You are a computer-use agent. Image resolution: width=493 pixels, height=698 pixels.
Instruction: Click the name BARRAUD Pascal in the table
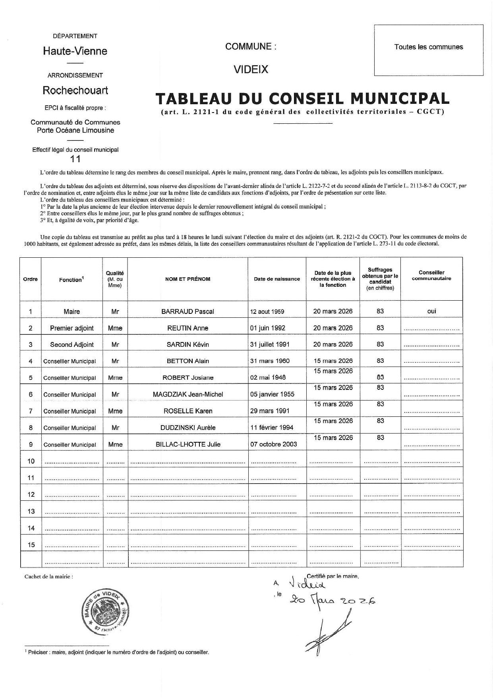point(188,311)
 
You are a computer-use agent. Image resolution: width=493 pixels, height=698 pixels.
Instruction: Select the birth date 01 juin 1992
point(268,328)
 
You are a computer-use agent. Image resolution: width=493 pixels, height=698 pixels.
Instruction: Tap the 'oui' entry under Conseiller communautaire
point(431,311)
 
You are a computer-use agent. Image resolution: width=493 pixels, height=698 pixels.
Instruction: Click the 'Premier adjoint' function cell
point(72,328)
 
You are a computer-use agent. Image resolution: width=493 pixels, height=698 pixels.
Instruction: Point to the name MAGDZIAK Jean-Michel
point(188,395)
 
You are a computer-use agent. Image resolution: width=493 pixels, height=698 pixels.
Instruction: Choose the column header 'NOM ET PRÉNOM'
point(188,279)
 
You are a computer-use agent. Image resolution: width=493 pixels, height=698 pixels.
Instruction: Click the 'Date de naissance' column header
point(277,279)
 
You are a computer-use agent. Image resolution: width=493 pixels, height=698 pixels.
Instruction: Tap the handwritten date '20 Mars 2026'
point(333,599)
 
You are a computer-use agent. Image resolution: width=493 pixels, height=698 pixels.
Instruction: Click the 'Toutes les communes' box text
point(429,47)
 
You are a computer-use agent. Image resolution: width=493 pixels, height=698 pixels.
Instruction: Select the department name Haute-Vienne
point(75,51)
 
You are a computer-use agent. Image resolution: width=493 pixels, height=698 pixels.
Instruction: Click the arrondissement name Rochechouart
point(75,90)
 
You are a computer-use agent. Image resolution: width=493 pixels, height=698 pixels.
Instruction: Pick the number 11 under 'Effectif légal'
point(75,159)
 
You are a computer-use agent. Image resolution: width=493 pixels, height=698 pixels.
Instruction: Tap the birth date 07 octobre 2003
point(273,444)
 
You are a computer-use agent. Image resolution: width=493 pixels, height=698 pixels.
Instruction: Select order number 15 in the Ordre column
point(31,544)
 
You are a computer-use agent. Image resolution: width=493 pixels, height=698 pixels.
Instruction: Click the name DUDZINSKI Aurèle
point(188,428)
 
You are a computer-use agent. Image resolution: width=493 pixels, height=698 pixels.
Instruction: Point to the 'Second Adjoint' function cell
point(72,345)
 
